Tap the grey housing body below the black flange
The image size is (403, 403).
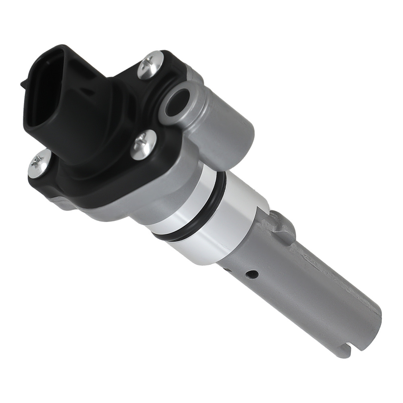(x=121, y=210)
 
